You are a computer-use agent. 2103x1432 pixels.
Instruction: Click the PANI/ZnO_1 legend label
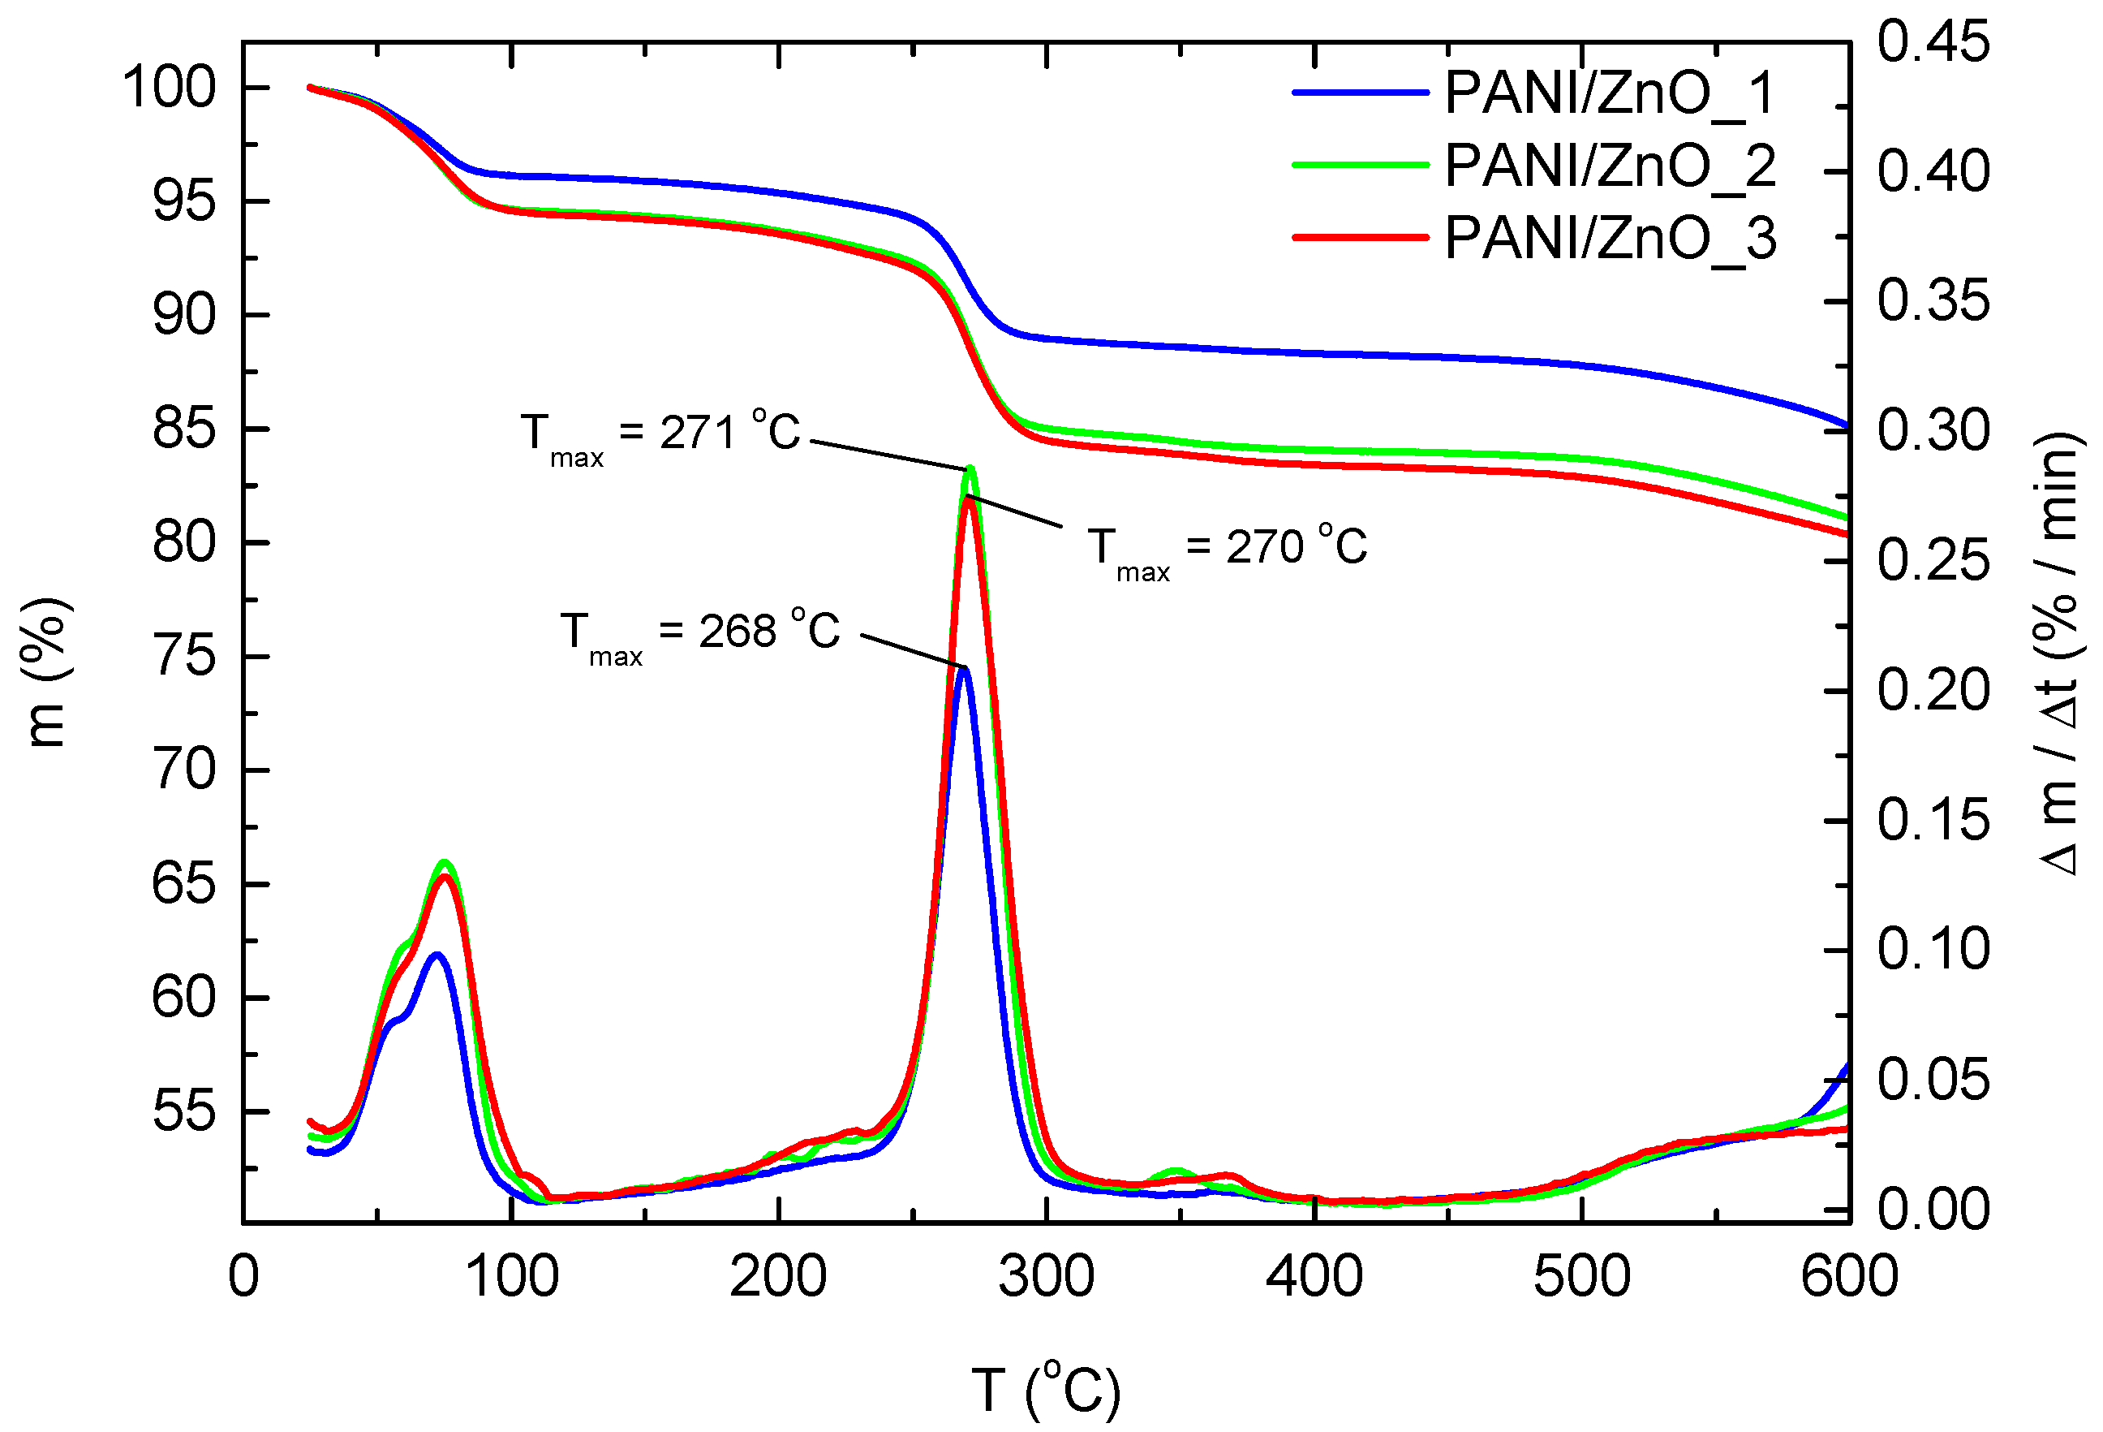(1609, 93)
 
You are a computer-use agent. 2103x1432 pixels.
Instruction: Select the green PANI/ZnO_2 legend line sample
(1359, 165)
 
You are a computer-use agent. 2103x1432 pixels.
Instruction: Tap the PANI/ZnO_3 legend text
(1609, 239)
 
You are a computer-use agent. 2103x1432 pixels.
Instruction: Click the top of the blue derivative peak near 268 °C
(964, 670)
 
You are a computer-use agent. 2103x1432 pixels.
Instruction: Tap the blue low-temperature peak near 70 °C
(438, 955)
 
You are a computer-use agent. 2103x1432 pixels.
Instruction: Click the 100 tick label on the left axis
(170, 88)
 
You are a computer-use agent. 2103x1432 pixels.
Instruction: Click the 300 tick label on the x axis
(1046, 1277)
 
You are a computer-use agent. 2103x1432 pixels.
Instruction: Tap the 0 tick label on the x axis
(243, 1277)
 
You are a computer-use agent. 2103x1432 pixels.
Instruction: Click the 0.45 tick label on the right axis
(1933, 41)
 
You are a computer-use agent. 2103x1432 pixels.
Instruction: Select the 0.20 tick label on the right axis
(1933, 691)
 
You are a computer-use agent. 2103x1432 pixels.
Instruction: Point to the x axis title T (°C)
(1046, 1390)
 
